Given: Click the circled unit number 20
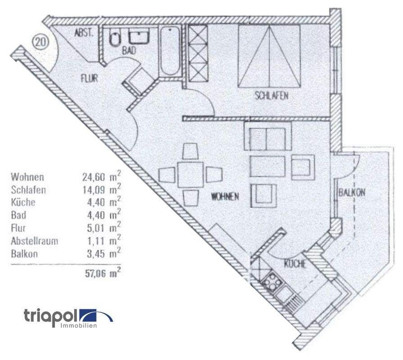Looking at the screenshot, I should (40, 43).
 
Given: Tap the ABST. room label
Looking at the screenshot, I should (84, 33).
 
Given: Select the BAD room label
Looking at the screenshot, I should (129, 51).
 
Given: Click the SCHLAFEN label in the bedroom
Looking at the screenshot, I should (271, 95).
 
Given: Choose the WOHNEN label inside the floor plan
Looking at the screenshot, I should (225, 196).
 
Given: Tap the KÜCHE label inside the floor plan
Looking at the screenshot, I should (295, 264).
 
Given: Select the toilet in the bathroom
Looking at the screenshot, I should (115, 39).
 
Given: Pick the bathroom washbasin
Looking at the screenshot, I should (140, 37).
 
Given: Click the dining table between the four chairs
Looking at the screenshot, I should (191, 175).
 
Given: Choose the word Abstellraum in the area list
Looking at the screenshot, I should (35, 241).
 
